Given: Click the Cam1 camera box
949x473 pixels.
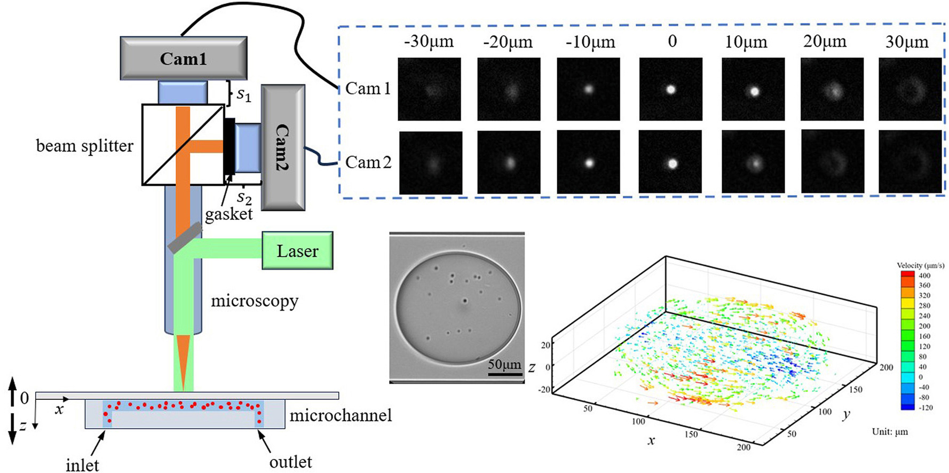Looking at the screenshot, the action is click(184, 58).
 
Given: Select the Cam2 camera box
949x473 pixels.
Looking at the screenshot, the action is click(283, 147).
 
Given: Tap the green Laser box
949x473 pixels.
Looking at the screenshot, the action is click(297, 250).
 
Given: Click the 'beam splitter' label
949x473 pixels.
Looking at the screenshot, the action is click(84, 146).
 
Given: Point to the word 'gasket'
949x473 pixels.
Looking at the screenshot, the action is click(229, 215).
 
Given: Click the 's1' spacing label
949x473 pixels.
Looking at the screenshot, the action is click(244, 94).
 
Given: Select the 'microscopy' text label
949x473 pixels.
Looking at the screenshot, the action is click(255, 302).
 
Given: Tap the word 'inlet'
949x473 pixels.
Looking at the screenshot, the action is click(82, 465).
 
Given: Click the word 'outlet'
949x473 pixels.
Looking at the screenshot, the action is click(290, 462).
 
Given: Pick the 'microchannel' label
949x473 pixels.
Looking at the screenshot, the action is click(341, 415).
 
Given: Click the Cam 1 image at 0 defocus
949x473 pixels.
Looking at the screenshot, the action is click(671, 89).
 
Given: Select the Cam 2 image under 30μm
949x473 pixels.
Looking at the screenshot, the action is click(910, 161).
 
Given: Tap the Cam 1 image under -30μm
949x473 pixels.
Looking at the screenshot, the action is click(430, 89).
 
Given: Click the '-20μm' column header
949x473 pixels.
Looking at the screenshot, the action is click(508, 42).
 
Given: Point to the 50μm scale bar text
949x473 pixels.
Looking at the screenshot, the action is click(504, 365).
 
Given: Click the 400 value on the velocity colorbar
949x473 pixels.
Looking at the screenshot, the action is click(924, 275).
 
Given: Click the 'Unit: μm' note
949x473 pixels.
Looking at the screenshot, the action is click(890, 431).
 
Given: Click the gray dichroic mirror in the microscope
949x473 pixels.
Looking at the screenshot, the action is click(185, 238).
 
